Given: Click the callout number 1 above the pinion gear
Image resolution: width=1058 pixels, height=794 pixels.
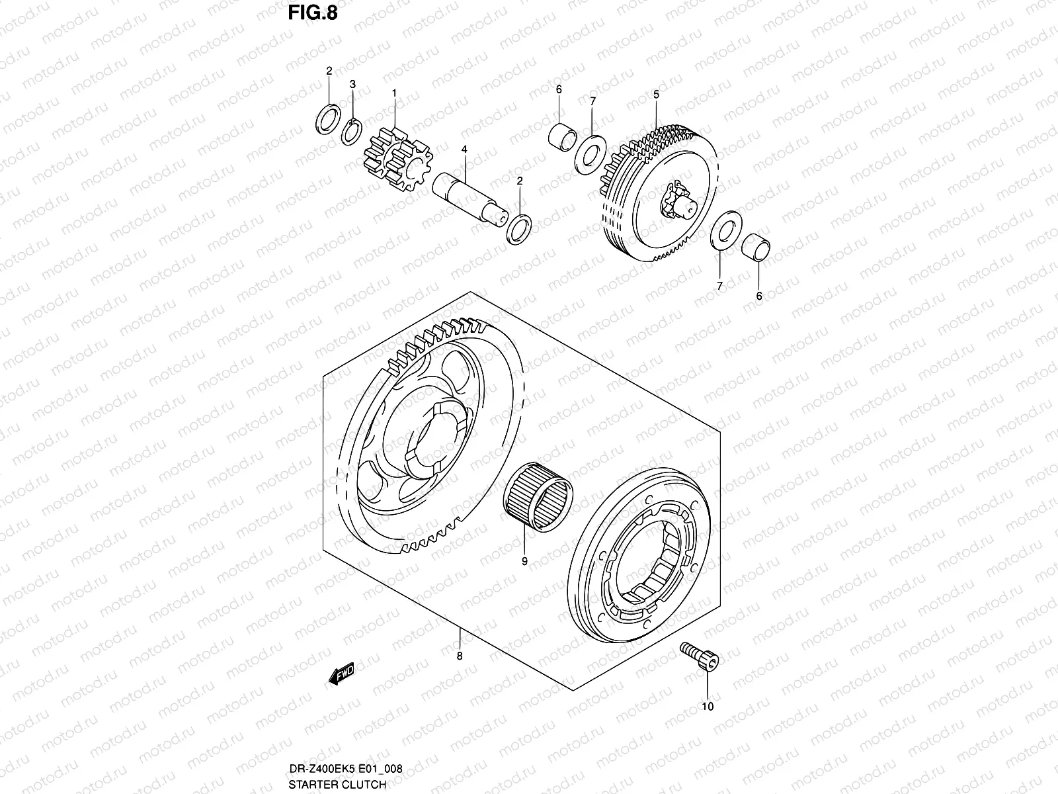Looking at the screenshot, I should click(394, 93).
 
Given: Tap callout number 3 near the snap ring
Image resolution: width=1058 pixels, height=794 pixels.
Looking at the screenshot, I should click(353, 84).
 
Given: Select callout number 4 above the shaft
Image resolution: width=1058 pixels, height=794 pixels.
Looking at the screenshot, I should click(464, 150).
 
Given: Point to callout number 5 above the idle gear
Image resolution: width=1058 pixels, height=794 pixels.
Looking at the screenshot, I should click(656, 95).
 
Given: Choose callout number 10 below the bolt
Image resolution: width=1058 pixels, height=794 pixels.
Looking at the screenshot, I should click(708, 707).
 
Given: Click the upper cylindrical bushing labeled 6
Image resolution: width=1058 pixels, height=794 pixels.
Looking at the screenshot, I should click(563, 134).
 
